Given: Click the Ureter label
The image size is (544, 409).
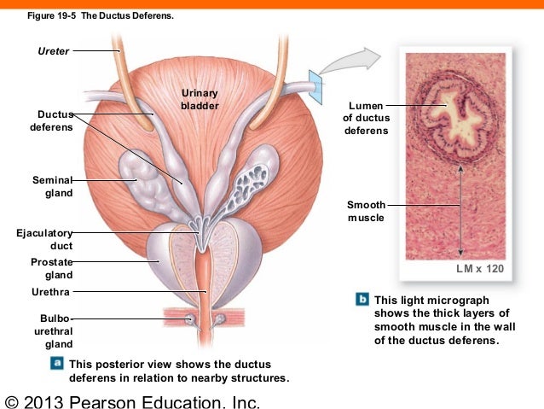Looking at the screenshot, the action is (54, 51).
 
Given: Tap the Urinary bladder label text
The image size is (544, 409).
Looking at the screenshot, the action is (200, 99).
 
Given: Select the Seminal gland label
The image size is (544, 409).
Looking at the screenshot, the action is (52, 186).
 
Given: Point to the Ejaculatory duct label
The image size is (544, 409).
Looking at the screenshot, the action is (44, 239).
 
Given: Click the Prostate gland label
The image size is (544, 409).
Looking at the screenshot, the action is (52, 268).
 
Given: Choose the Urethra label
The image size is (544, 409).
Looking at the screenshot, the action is (50, 292).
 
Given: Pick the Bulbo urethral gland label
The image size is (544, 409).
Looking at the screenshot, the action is (54, 331).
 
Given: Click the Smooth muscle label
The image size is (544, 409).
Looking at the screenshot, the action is (366, 211).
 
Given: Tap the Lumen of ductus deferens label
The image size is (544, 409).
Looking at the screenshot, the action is (367, 118).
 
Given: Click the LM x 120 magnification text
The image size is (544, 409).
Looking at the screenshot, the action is (480, 269).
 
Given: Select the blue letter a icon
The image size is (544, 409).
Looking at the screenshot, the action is (57, 363).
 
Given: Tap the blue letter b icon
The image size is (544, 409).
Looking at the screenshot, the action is (362, 299).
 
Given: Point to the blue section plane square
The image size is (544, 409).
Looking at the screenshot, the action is (315, 87).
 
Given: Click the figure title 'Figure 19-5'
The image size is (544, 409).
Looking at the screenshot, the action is (51, 16).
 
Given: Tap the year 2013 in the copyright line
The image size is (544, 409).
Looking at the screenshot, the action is (43, 402).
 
